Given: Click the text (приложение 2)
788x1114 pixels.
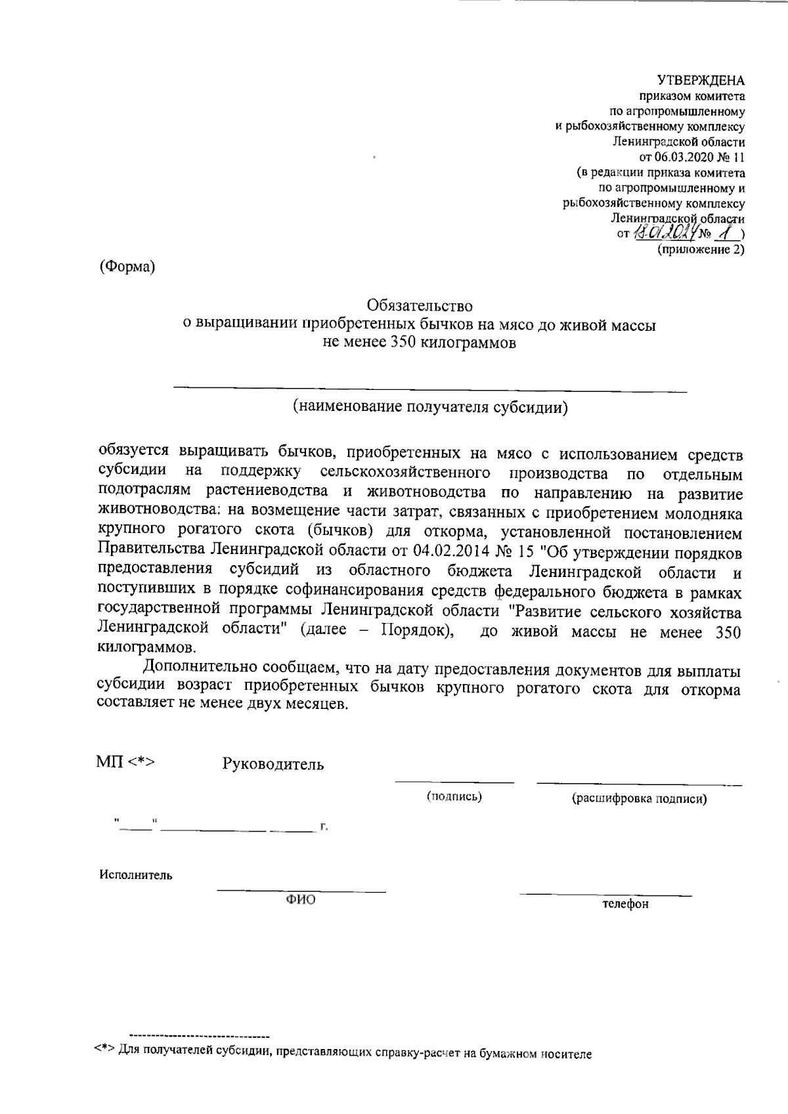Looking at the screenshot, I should coord(701,250).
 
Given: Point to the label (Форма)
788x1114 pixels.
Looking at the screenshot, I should coord(127,267).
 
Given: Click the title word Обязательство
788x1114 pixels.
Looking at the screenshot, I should coord(420,306).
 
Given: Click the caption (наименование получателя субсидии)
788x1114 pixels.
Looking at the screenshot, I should coord(430,407).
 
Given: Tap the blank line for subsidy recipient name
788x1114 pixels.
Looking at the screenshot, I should coord(430,389).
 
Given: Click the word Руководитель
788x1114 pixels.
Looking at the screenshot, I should coord(273,765).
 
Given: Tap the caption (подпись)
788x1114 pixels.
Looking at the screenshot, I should coord(454,798).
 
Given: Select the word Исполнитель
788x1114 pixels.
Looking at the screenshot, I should coord(136,875).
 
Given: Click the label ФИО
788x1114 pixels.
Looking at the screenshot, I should coord(300,900).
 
